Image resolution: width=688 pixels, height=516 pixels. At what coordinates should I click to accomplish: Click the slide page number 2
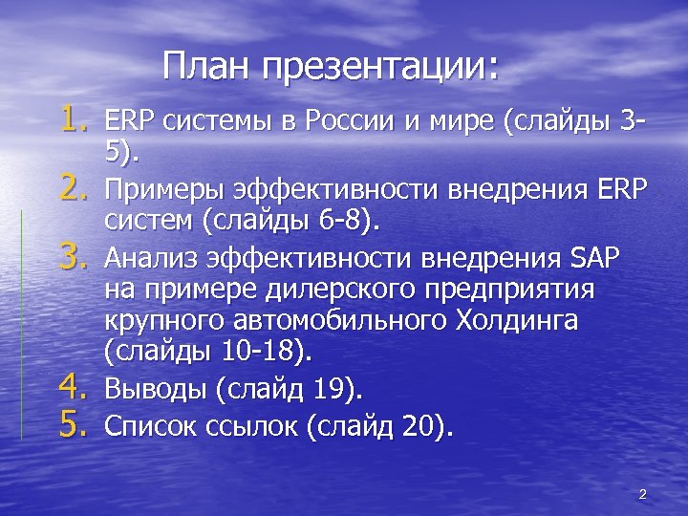pyautogui.click(x=642, y=494)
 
